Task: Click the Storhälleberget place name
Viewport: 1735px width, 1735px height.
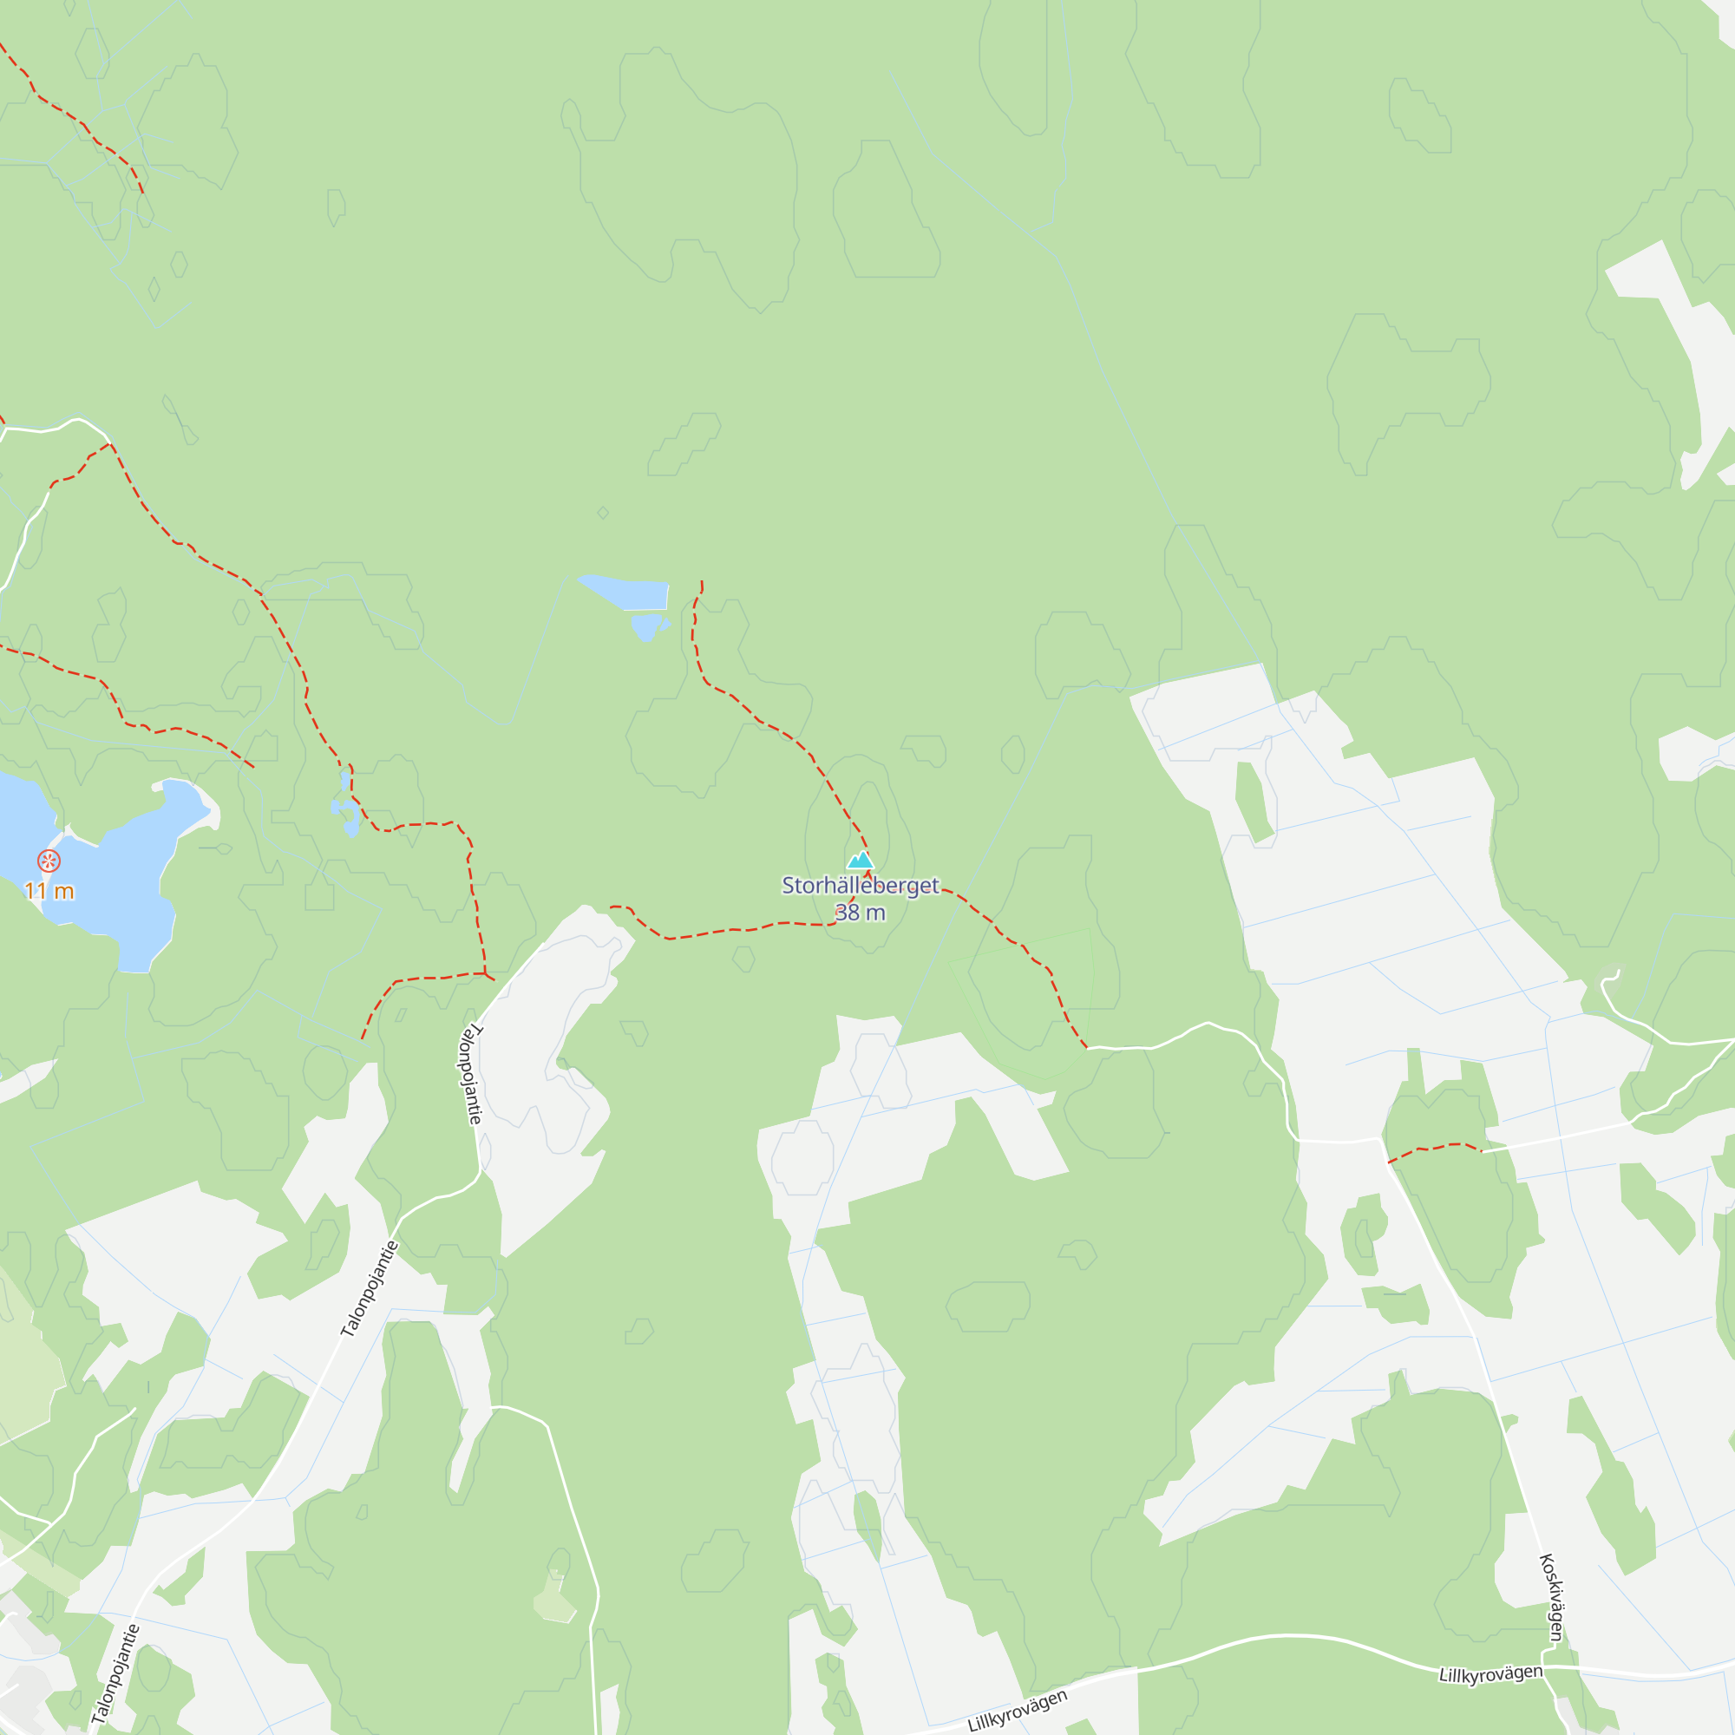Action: coord(860,886)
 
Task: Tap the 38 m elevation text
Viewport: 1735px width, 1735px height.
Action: coord(860,913)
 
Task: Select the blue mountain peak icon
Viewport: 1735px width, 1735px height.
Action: coord(861,861)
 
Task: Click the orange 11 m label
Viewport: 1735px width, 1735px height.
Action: coord(49,891)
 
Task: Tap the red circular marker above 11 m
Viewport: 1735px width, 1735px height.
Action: coord(49,861)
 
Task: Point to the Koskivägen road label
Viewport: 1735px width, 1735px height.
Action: coord(1553,1598)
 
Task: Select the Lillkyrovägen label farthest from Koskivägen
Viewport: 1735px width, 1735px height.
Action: coord(1018,1710)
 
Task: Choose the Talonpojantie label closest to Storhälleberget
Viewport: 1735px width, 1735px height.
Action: coord(470,1074)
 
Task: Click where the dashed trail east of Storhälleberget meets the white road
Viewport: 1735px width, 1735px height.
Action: coord(1088,1047)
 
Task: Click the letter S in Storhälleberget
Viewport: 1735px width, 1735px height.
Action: coord(789,886)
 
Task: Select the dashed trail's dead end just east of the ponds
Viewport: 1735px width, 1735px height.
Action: coord(701,582)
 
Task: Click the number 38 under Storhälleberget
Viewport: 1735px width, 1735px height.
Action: coord(847,913)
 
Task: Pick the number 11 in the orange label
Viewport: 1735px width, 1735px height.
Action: coord(35,891)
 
